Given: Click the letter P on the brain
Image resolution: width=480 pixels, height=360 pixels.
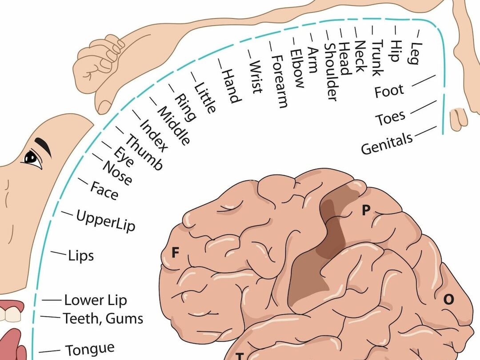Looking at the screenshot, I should tap(365, 210).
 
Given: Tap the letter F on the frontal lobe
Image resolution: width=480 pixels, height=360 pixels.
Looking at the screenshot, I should tap(176, 253).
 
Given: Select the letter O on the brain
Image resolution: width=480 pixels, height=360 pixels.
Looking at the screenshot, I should tap(448, 300).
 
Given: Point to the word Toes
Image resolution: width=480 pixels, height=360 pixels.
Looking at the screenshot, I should tap(390, 118).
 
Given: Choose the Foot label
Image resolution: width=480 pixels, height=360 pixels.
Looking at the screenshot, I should tap(389, 91).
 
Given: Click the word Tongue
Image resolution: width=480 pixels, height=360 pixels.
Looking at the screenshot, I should tap(90, 348).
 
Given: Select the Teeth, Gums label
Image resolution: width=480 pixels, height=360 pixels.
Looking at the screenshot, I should tap(103, 318).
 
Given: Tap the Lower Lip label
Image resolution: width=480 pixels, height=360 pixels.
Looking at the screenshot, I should tap(96, 300).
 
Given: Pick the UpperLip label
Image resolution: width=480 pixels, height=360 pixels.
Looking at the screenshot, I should tap(106, 221).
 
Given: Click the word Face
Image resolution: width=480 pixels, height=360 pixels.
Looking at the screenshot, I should tap(104, 191).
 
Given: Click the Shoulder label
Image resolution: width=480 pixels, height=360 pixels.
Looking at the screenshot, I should tap(331, 72).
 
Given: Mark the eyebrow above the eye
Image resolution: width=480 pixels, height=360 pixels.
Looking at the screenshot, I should tap(43, 147).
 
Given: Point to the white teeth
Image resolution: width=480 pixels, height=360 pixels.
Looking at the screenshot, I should tap(10, 314).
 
